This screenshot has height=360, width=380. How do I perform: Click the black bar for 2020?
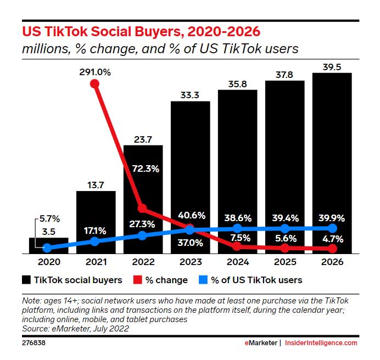click(x=48, y=245)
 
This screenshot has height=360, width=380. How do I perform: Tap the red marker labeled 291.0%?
click(x=94, y=84)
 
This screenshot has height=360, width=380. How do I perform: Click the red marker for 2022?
click(x=142, y=208)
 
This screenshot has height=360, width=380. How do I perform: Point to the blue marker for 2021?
click(x=94, y=241)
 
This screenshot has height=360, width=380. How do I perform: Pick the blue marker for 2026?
click(x=332, y=227)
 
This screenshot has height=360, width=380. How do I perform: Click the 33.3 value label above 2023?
click(x=189, y=95)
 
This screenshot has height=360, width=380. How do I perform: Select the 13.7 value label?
click(x=94, y=185)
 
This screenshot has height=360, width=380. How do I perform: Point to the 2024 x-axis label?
click(x=237, y=262)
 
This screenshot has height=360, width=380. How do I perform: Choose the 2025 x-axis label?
click(x=284, y=262)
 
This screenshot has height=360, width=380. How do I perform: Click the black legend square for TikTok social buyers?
click(x=26, y=280)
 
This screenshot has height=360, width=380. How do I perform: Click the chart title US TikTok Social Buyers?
click(x=141, y=31)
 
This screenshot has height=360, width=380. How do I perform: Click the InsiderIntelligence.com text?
click(x=321, y=343)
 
